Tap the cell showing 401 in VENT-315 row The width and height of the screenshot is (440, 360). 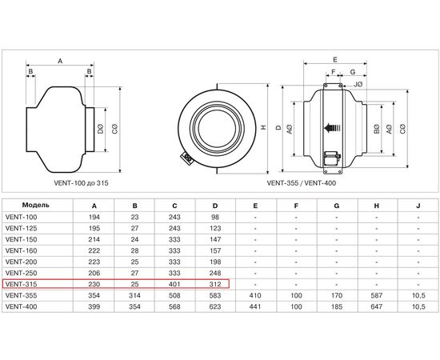[x=174, y=283]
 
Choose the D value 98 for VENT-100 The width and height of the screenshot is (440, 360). [x=214, y=216]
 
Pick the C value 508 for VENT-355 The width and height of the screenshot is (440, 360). [x=174, y=295]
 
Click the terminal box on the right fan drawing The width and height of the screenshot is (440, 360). [x=329, y=160]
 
